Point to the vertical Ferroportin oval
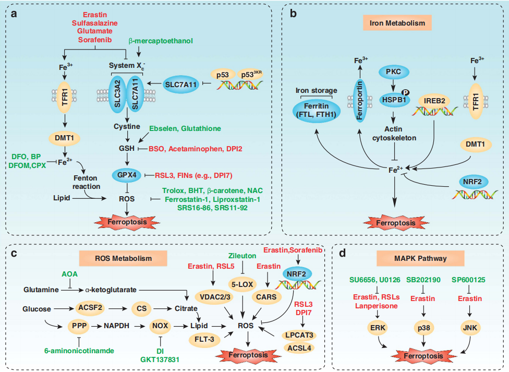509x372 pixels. point(359,104)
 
